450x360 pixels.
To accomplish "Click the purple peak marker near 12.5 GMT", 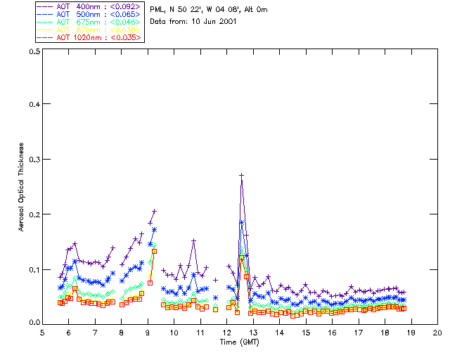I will coord(241,175).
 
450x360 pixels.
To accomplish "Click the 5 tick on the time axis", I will coord(42,332).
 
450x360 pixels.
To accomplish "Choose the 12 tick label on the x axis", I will coord(227,332).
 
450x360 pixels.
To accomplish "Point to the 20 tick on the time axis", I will coord(437,332).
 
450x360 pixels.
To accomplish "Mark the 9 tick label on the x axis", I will coord(148,332).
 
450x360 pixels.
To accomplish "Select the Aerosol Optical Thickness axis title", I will coord(22,187).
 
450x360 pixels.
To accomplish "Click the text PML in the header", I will coord(157,10).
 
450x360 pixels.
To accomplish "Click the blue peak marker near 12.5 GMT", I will coord(241,222).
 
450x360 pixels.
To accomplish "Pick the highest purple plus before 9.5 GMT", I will coord(154,211).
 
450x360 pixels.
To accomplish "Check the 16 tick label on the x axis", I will coord(332,332).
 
